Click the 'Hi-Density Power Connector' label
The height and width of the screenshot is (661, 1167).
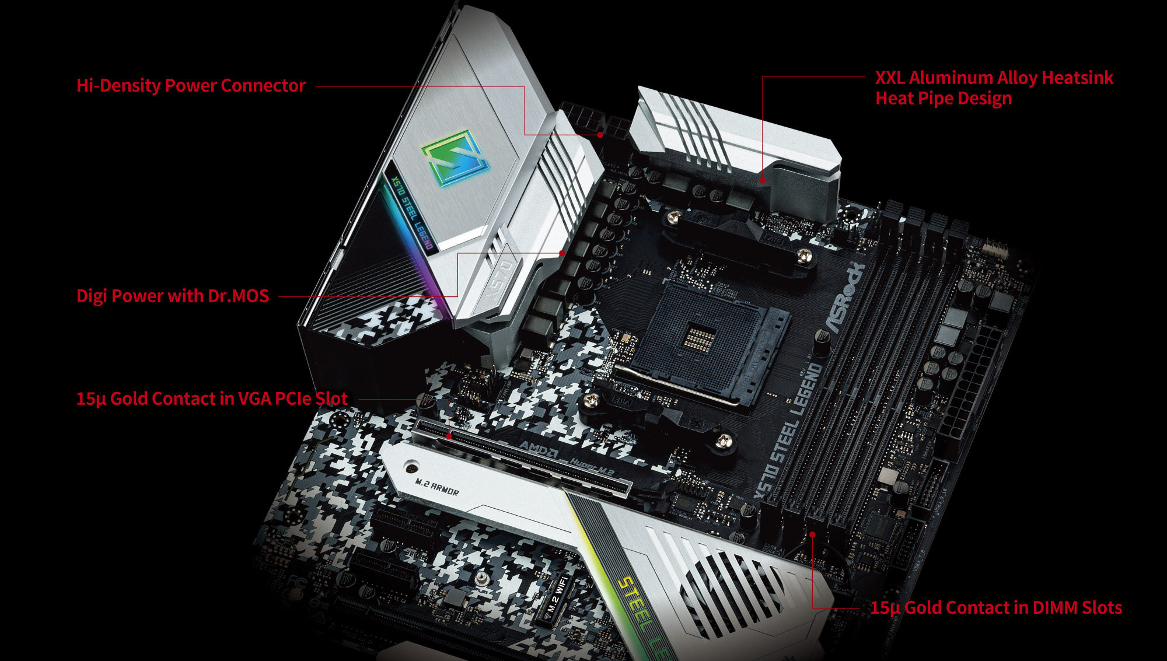191,86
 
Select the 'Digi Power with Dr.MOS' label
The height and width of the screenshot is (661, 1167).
173,296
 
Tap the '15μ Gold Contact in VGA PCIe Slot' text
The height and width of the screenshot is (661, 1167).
212,399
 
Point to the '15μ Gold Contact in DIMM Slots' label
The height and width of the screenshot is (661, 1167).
996,608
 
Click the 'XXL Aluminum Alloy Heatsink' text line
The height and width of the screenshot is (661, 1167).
994,78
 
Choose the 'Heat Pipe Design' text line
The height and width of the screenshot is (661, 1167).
944,98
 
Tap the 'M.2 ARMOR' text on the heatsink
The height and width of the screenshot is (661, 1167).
437,487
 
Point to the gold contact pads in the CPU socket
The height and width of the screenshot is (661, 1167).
698,337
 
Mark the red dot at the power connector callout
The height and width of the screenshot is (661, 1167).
600,135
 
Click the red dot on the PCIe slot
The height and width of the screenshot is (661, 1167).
449,436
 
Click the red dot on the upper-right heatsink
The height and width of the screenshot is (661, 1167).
762,180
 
